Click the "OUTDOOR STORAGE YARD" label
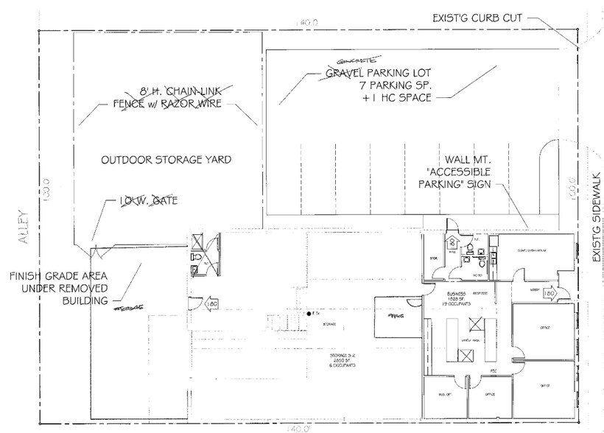166,159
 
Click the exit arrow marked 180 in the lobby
548,295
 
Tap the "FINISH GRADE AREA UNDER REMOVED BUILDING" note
59,288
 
